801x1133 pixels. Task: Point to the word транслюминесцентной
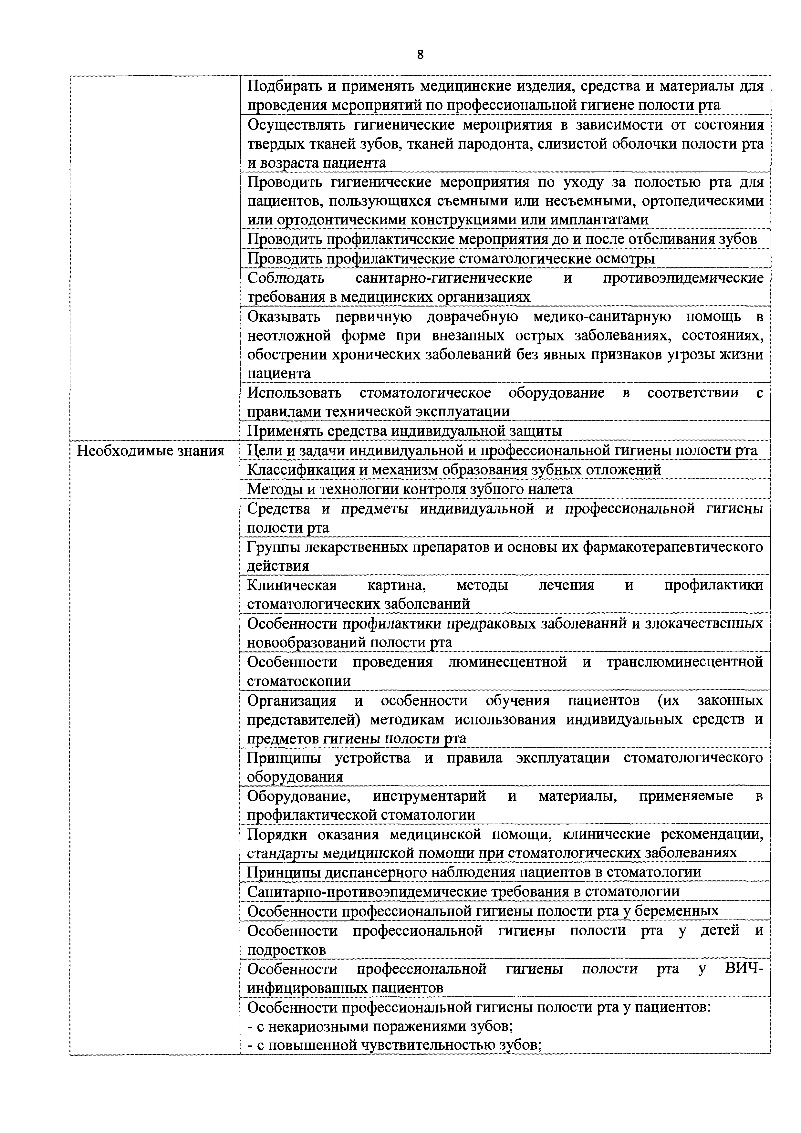[684, 662]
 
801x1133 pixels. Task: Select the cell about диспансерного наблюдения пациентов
[474, 872]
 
